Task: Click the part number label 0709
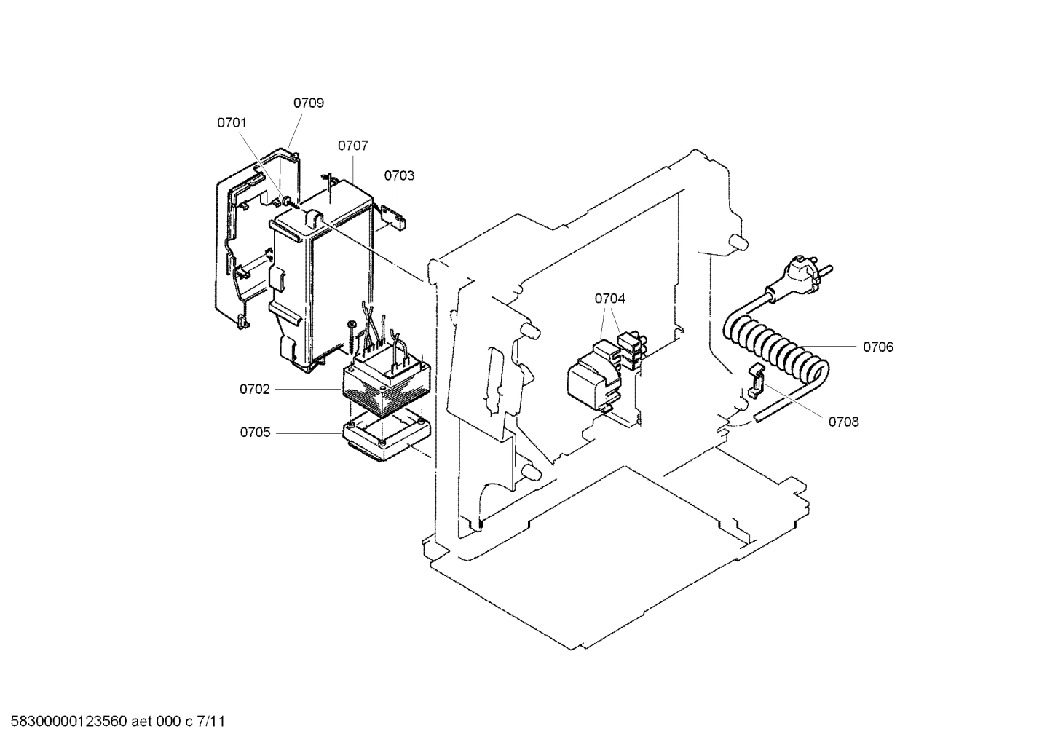(308, 103)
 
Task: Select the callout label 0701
(232, 123)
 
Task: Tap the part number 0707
(352, 146)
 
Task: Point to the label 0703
(399, 175)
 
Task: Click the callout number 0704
(609, 299)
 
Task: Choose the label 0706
(877, 347)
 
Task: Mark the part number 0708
(843, 422)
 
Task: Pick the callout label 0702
(255, 390)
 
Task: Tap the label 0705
(255, 433)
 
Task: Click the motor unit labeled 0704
(593, 379)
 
